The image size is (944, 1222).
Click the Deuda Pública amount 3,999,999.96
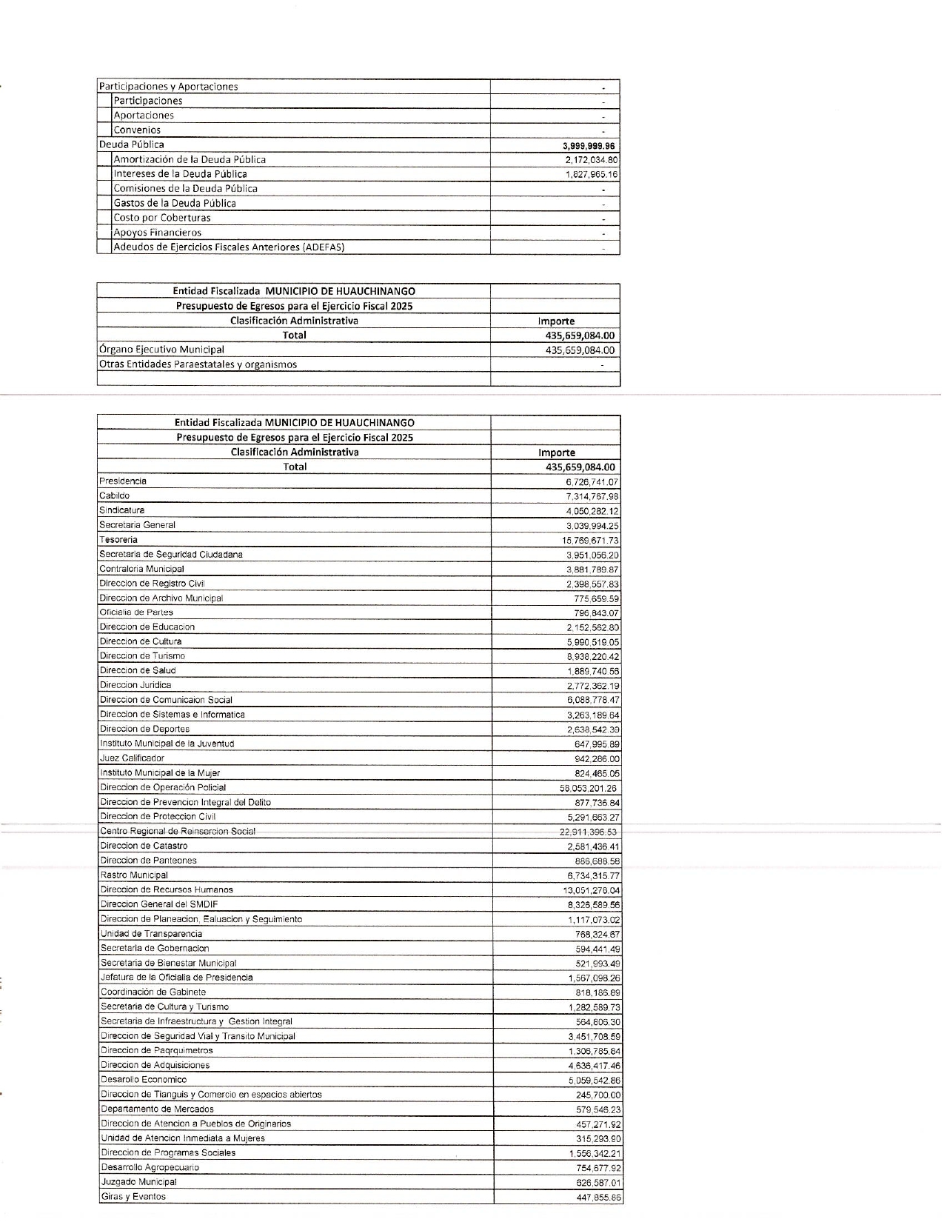click(x=589, y=146)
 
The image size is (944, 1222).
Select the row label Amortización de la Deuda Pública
click(x=190, y=159)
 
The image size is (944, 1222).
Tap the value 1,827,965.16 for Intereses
click(x=591, y=175)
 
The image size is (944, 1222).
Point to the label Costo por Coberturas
click(x=161, y=218)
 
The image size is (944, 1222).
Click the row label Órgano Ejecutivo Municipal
click(x=161, y=350)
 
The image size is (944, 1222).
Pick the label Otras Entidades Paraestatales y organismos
click(x=198, y=364)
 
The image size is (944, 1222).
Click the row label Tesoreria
click(x=118, y=540)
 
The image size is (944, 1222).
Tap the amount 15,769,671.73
click(x=590, y=541)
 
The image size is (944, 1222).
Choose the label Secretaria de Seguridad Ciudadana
click(x=171, y=555)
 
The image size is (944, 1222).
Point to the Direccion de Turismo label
click(x=142, y=656)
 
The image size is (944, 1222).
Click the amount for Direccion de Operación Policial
click(x=588, y=789)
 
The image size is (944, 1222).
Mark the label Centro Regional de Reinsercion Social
click(x=178, y=832)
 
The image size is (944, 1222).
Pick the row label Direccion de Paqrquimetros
click(x=156, y=1051)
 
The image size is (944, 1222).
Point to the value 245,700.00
click(x=598, y=1095)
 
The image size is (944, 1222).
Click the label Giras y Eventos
click(x=133, y=1197)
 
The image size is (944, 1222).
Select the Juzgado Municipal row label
click(x=138, y=1182)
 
